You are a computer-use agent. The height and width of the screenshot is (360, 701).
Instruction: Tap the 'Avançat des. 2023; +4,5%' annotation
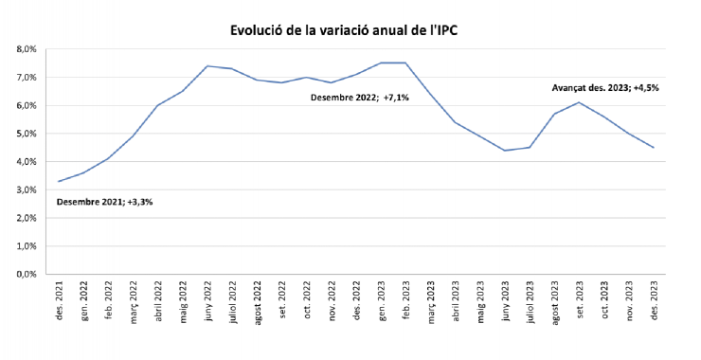(605, 88)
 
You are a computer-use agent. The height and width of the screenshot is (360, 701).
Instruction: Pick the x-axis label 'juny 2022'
(207, 301)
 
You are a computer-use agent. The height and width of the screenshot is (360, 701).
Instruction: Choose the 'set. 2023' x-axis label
(580, 301)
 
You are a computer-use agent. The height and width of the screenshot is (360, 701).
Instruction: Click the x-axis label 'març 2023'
(431, 301)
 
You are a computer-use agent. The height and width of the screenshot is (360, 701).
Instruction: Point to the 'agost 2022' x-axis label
(258, 301)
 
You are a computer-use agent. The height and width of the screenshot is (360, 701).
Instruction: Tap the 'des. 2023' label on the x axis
(654, 301)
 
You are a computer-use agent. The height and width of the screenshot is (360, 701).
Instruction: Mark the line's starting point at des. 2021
(59, 181)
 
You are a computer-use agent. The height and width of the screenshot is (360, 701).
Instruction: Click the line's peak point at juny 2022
(207, 66)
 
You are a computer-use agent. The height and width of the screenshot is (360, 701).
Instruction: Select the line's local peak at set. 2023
(580, 102)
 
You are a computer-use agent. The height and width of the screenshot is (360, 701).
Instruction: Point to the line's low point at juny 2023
(505, 151)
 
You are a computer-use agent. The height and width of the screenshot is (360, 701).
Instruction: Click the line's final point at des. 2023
(654, 148)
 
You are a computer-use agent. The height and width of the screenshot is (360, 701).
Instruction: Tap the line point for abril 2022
(157, 105)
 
